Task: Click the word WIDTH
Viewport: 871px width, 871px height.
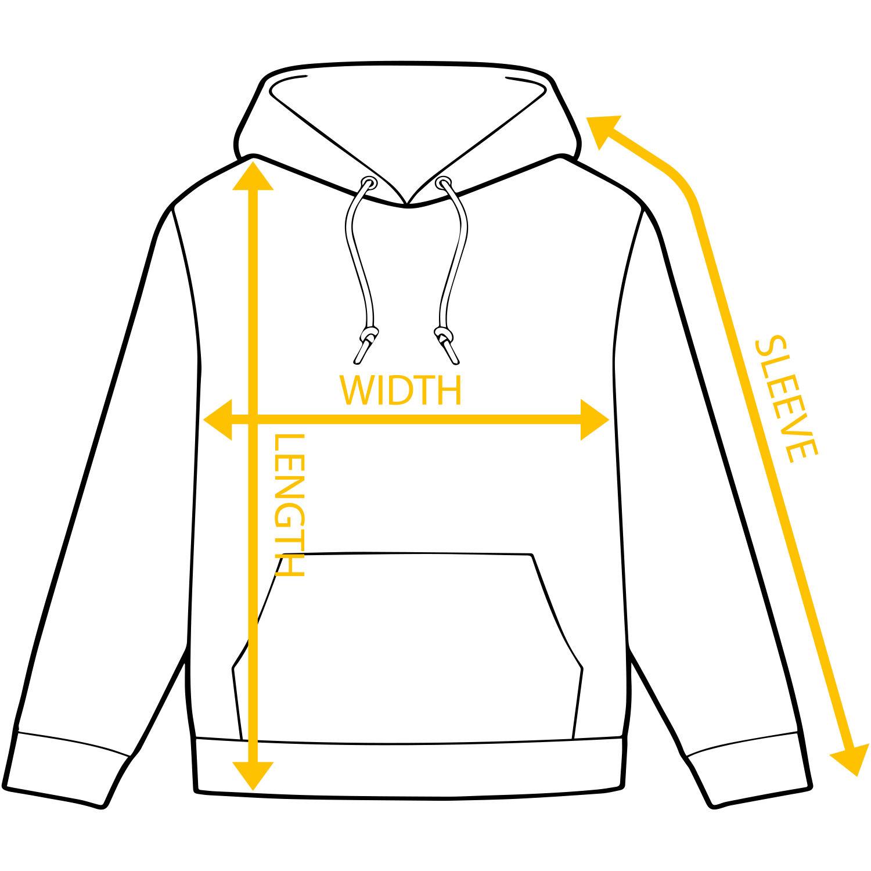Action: click(x=401, y=390)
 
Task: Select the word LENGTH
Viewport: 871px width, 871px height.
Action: click(x=289, y=505)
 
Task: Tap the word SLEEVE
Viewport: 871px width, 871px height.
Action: click(x=786, y=399)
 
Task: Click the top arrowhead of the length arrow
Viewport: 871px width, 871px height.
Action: click(x=253, y=177)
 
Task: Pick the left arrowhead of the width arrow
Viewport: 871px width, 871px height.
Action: click(x=219, y=419)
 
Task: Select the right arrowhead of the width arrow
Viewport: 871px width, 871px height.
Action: click(x=593, y=419)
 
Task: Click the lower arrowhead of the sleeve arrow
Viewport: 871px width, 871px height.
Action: click(x=851, y=760)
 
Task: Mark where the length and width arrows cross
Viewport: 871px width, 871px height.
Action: click(x=253, y=419)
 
